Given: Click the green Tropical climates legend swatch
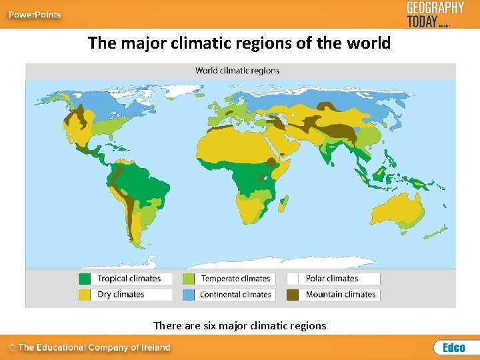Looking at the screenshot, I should pos(85,279).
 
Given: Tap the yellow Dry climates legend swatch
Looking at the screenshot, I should pos(85,294).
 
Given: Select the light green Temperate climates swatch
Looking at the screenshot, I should pos(189,279).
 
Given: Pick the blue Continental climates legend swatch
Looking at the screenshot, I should pos(189,294).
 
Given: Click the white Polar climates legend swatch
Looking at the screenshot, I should pos(293,279).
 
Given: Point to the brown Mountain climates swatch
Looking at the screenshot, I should pos(293,294).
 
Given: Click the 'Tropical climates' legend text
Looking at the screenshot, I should pos(129,279).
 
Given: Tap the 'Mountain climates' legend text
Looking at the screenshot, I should pos(341,294).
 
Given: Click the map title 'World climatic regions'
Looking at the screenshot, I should pos(237,70).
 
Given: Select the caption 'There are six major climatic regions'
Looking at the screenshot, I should pos(240,325).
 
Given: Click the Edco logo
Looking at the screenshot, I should pos(453,347).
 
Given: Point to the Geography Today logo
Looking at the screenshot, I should pos(435,13).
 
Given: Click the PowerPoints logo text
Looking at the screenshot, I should pos(35,15).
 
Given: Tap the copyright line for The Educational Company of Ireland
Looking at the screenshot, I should pos(89,347).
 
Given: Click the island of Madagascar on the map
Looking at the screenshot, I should pos(284,199).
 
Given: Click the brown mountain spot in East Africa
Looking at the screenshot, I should pos(271,162).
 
